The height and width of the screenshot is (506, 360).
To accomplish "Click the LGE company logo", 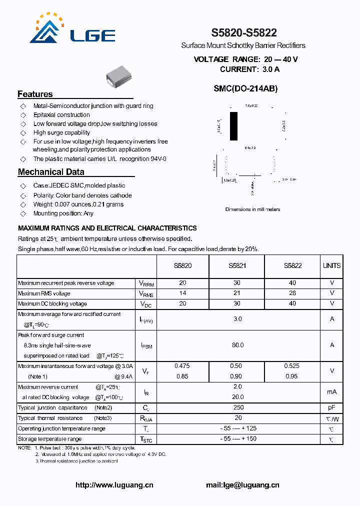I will click(x=72, y=30).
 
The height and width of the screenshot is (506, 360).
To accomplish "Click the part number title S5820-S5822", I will click(x=243, y=33).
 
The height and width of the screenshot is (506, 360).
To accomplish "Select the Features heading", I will click(x=35, y=94).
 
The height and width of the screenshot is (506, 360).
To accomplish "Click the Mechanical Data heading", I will click(x=51, y=172).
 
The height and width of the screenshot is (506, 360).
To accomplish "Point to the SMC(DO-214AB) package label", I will click(x=245, y=88).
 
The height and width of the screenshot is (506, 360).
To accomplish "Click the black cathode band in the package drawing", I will click(x=233, y=126).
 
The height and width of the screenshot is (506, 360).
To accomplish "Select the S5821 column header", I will click(x=237, y=266).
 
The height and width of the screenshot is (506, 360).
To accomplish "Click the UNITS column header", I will click(x=331, y=266).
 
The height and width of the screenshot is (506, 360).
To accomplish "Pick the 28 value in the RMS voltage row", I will click(x=292, y=293).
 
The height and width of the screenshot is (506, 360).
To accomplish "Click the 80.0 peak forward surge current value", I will click(x=237, y=345).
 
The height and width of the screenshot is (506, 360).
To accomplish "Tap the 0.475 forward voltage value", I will click(x=182, y=366).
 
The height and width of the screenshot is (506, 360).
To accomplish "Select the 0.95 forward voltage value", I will click(x=292, y=376).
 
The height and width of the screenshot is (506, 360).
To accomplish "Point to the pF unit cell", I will click(x=331, y=407).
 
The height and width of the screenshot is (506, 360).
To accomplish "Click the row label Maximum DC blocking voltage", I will click(x=52, y=303).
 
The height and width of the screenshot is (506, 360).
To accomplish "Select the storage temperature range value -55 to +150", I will click(x=238, y=439).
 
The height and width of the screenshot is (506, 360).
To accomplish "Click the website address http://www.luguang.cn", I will click(x=114, y=485).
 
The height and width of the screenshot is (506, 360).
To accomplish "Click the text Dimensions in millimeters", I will click(x=252, y=209).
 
